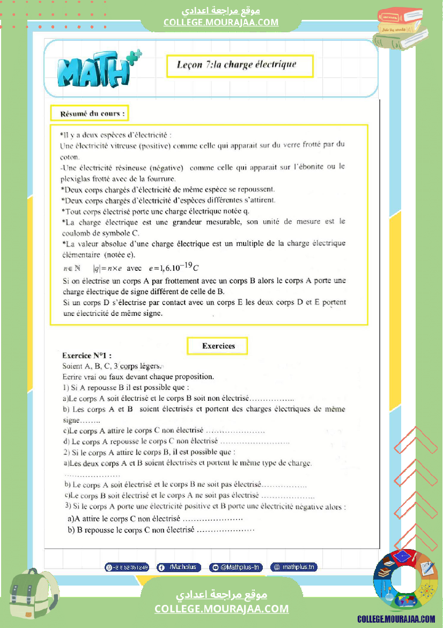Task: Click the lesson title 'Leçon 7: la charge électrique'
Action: coord(239,66)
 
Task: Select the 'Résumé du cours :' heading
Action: coord(90,114)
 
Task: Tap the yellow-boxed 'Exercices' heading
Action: coord(218,346)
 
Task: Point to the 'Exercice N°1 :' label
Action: coord(87,356)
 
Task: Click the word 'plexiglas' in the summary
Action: coord(75,178)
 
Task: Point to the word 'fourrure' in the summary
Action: coord(161,178)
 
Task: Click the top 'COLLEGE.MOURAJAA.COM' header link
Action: coord(221,22)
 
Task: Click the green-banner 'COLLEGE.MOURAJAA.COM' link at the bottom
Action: coord(222,609)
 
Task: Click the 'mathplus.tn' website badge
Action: coord(294,567)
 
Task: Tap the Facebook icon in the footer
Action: coord(161,567)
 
